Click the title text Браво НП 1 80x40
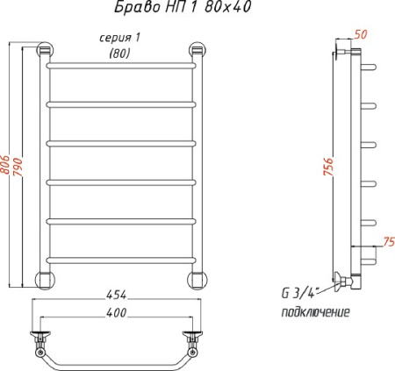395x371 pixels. pyautogui.click(x=183, y=7)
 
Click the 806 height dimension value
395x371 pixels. pyautogui.click(x=5, y=165)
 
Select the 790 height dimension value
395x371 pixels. pyautogui.click(x=18, y=167)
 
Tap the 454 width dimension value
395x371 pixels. pyautogui.click(x=117, y=295)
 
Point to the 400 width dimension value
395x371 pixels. pyautogui.click(x=117, y=312)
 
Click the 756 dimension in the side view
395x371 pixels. pyautogui.click(x=328, y=167)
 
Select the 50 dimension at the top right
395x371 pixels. pyautogui.click(x=361, y=34)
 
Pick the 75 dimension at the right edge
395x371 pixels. pyautogui.click(x=389, y=242)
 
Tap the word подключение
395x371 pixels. pyautogui.click(x=315, y=312)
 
